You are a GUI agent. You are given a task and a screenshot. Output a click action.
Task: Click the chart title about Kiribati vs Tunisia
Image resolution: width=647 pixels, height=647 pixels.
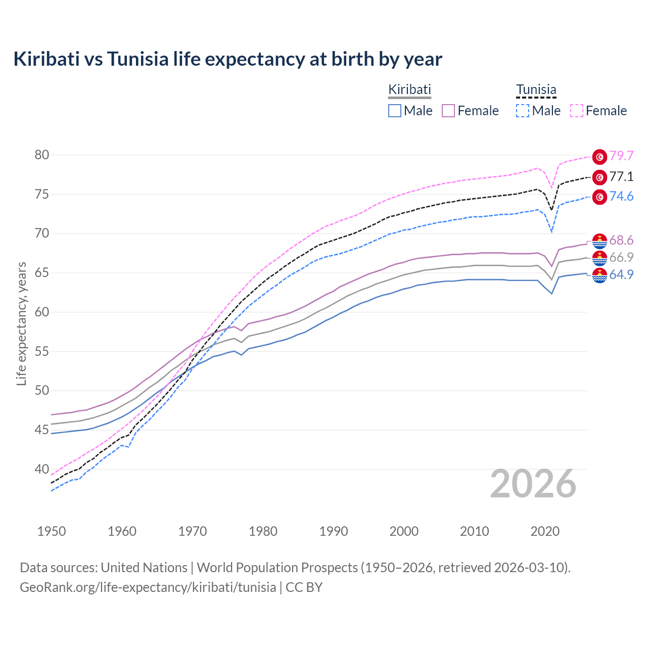coord(227,59)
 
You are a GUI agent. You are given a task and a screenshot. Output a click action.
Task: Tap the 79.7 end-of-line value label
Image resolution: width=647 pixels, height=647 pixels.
coord(621,156)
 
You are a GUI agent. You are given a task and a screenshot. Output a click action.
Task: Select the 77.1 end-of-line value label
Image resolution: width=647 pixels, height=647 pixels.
coord(621,176)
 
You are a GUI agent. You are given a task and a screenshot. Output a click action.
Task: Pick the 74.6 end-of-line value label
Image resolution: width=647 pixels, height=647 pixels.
coord(621,196)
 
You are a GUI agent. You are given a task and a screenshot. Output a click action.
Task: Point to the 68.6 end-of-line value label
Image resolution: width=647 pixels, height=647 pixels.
coord(621,240)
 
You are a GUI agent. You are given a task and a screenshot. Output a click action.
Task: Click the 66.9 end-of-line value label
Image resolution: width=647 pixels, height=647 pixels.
coord(621,257)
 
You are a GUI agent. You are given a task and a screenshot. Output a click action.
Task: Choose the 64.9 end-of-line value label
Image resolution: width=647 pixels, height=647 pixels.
coord(621,274)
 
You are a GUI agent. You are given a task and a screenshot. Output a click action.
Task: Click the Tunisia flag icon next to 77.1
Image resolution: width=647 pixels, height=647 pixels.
coord(599,177)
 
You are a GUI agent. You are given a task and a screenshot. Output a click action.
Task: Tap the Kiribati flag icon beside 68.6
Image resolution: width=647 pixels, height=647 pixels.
coord(599,241)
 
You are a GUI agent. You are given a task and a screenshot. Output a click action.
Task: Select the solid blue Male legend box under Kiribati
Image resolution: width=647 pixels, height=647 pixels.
coord(395,111)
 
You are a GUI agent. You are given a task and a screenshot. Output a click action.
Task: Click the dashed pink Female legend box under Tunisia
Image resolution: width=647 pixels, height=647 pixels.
coord(577,111)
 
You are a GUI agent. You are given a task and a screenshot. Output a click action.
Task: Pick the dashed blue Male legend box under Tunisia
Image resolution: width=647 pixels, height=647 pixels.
coord(523,111)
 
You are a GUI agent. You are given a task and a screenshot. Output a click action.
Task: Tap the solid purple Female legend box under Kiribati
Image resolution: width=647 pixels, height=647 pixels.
coord(448,111)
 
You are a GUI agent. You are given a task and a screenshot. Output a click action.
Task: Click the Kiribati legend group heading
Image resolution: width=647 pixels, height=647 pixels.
coord(409,89)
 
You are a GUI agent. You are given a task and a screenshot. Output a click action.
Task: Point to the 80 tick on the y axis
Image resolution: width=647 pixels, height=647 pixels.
coord(42,155)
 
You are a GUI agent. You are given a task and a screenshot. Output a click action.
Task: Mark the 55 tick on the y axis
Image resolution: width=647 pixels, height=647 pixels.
coord(42,351)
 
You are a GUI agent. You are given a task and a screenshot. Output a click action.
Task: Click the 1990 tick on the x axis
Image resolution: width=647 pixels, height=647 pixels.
coord(334,531)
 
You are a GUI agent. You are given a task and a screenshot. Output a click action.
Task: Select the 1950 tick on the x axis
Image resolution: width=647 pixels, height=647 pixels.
coord(52,531)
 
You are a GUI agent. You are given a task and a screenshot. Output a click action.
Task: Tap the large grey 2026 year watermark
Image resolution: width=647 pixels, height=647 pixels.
coord(533,484)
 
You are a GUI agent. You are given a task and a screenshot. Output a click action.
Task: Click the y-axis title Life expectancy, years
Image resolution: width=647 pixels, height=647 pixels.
coord(21,323)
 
